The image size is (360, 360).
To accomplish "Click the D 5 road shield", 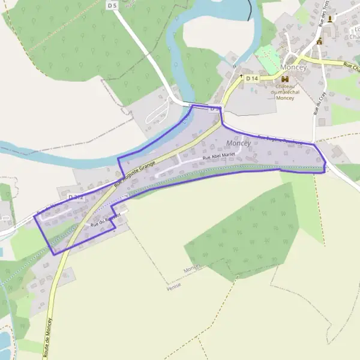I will (x=112, y=5).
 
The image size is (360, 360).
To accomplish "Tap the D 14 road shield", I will (x=252, y=78).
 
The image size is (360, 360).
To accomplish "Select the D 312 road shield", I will (x=76, y=197).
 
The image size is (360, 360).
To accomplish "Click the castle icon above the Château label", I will (x=284, y=79).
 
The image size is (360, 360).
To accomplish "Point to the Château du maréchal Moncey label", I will (x=285, y=92).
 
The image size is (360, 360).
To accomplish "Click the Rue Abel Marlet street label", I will (x=220, y=155).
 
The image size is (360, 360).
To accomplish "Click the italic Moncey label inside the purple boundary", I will (x=239, y=143).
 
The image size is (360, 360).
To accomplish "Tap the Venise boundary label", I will (x=173, y=287).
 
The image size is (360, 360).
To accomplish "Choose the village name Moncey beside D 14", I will (x=293, y=68).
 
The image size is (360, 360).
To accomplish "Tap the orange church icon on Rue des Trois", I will (x=319, y=41).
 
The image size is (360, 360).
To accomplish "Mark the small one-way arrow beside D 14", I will (x=241, y=77).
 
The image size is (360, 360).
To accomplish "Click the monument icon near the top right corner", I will (x=329, y=19).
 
